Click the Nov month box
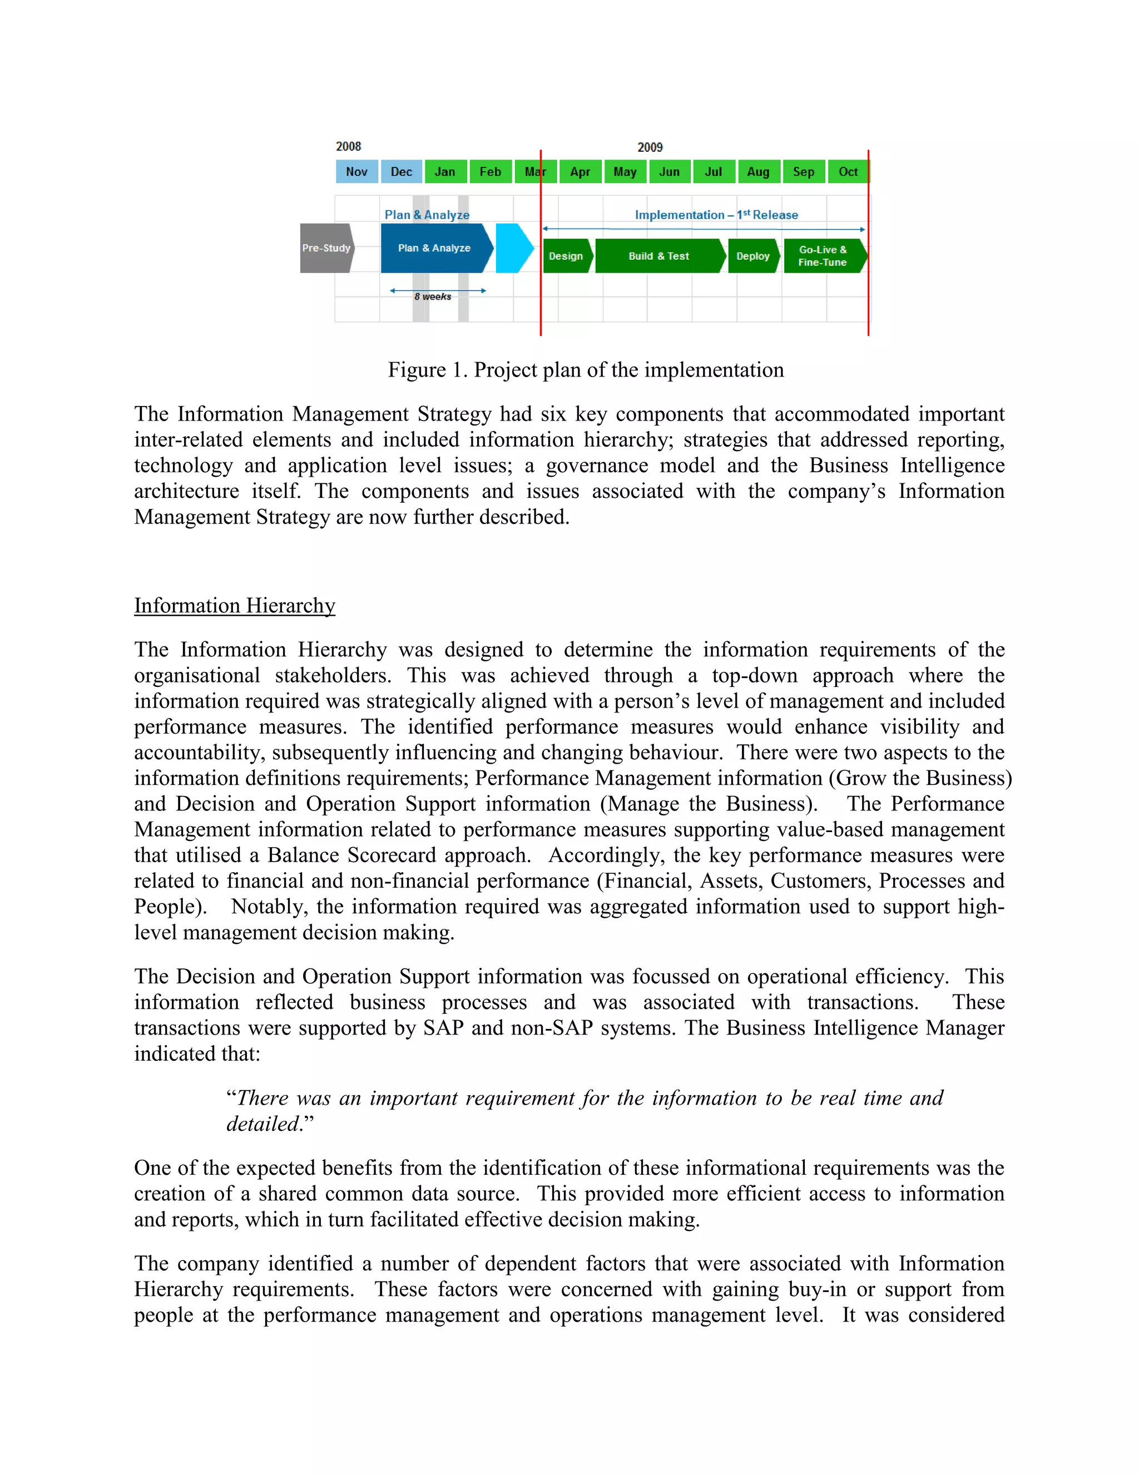pyautogui.click(x=356, y=171)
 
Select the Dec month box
pyautogui.click(x=402, y=171)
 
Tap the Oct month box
pyautogui.click(x=848, y=171)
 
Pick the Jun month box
pyautogui.click(x=670, y=171)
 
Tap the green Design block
pyautogui.click(x=566, y=256)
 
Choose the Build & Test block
pyautogui.click(x=659, y=256)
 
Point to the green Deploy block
pyautogui.click(x=753, y=256)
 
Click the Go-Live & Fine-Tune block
pyautogui.click(x=823, y=256)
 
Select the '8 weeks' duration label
pyautogui.click(x=433, y=297)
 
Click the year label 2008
pyautogui.click(x=348, y=146)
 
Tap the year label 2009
pyautogui.click(x=650, y=147)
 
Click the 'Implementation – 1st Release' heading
pyautogui.click(x=716, y=215)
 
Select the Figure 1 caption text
pyautogui.click(x=585, y=370)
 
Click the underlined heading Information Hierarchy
pyautogui.click(x=234, y=605)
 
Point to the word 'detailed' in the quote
pyautogui.click(x=263, y=1124)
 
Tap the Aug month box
pyautogui.click(x=759, y=171)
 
